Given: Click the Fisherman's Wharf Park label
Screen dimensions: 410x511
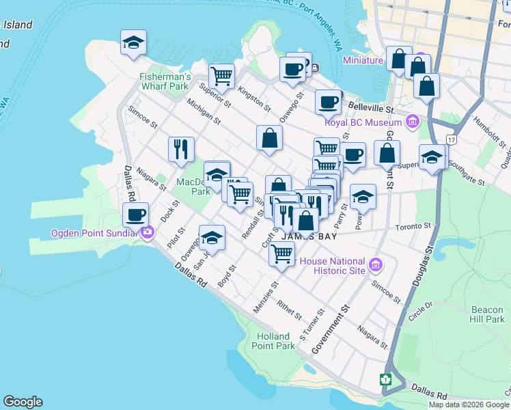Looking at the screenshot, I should [x=165, y=81].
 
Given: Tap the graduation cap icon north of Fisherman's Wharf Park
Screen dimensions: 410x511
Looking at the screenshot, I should [x=133, y=42].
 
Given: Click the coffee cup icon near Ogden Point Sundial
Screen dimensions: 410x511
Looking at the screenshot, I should [x=135, y=215].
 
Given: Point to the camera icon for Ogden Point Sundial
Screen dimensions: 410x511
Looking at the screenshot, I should [x=148, y=233].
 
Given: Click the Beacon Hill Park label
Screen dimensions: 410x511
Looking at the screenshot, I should [x=486, y=314].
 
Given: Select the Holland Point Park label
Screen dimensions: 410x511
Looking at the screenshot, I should [x=275, y=340].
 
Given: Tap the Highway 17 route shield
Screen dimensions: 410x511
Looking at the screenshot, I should [x=451, y=139].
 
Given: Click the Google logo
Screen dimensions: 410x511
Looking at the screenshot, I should [x=23, y=402].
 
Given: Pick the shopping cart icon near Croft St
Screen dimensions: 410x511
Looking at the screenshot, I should [x=281, y=254].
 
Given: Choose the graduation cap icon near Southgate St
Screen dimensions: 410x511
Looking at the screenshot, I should [x=431, y=158].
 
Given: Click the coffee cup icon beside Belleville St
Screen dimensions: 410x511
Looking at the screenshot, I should [x=328, y=102].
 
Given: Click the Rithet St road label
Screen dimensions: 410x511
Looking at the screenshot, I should [x=290, y=310].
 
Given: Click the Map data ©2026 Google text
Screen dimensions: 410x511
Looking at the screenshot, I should [x=469, y=405].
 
